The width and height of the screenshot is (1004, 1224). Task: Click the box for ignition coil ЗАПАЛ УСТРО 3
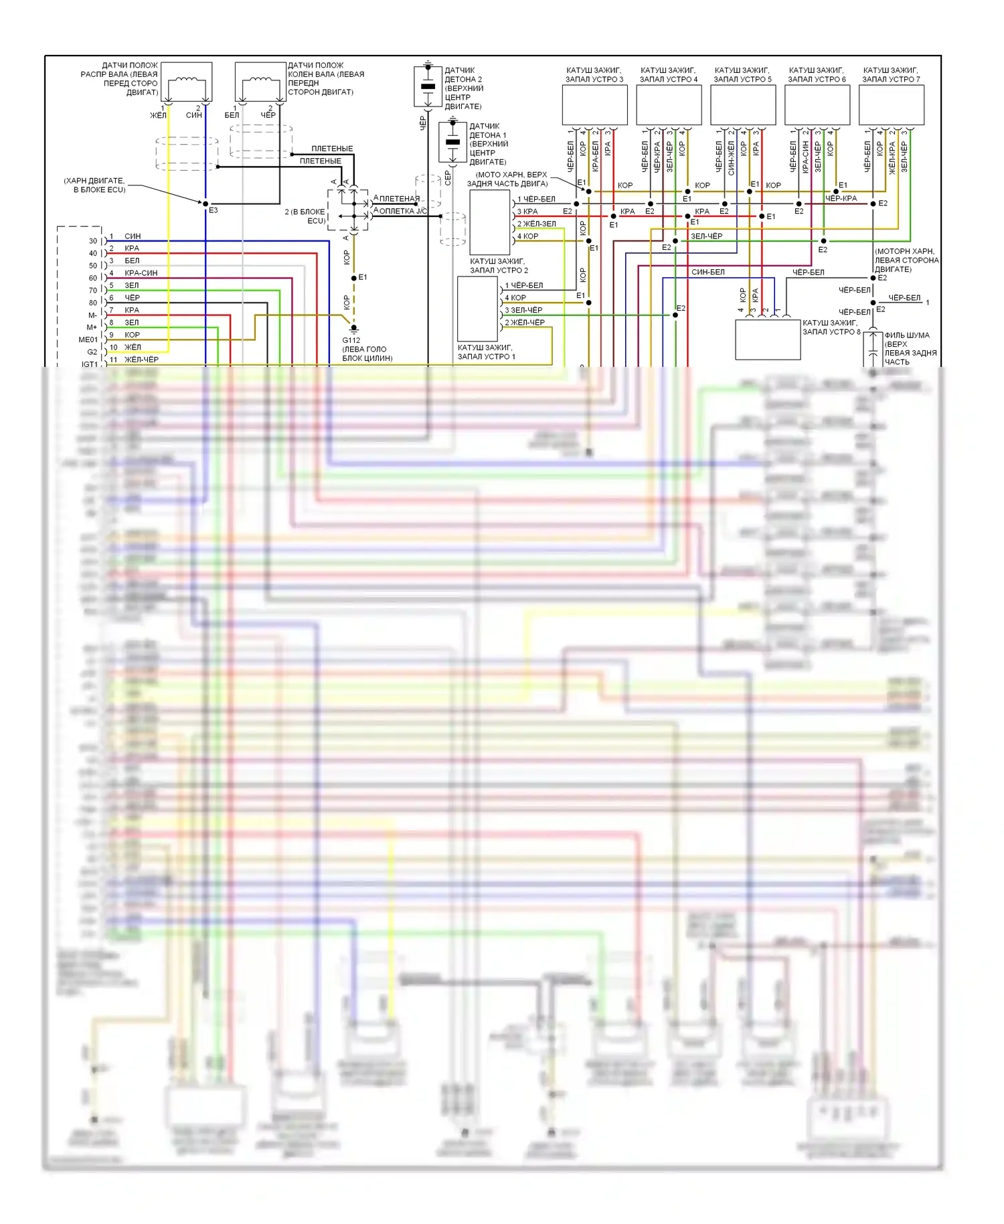(594, 105)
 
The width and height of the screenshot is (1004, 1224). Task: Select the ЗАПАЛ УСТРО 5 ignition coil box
(743, 105)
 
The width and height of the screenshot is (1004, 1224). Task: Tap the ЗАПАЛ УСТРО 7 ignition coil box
(891, 105)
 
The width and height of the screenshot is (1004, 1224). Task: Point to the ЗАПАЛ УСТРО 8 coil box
(768, 339)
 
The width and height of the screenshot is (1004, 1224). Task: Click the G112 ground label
(351, 340)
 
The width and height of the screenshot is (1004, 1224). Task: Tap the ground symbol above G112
(354, 328)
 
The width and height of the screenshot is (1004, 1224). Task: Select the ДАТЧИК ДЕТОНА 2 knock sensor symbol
(428, 86)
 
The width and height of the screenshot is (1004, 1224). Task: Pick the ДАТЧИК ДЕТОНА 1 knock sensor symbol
(452, 141)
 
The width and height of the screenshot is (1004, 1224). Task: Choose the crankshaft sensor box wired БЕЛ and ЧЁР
(260, 82)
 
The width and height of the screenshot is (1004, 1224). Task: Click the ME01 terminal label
(88, 340)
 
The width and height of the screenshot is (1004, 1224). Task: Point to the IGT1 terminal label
(90, 364)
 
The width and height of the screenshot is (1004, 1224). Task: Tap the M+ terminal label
(92, 327)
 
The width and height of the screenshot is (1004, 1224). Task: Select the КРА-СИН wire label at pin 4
(141, 273)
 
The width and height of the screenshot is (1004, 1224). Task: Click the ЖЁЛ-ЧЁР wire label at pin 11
(141, 360)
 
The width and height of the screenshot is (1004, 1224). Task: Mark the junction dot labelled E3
(205, 204)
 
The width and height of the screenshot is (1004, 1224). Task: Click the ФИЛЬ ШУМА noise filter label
(906, 335)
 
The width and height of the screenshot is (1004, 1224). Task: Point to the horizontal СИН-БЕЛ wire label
(707, 273)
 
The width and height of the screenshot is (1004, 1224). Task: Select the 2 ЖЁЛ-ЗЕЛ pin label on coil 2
(536, 224)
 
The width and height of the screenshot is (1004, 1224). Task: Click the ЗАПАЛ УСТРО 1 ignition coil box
(477, 309)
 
